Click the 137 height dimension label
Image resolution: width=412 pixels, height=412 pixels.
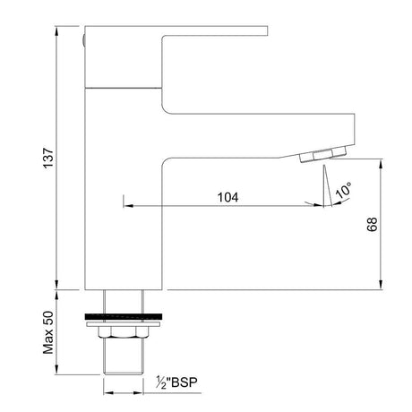pos(48,159)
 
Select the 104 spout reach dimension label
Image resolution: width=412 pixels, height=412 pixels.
pos(227,197)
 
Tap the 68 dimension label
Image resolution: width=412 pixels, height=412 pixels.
pos(373,225)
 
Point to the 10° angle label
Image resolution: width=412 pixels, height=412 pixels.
pos(343,189)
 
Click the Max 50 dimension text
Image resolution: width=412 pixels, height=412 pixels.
pos(48,332)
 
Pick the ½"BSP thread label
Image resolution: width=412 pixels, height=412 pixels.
pos(176,382)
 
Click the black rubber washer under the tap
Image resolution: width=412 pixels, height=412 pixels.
pos(124,316)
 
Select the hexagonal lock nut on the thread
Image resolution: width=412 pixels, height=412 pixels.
pos(124,332)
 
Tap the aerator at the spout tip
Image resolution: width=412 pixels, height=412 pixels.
pos(323,155)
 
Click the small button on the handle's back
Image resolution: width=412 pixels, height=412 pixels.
pos(83,40)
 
